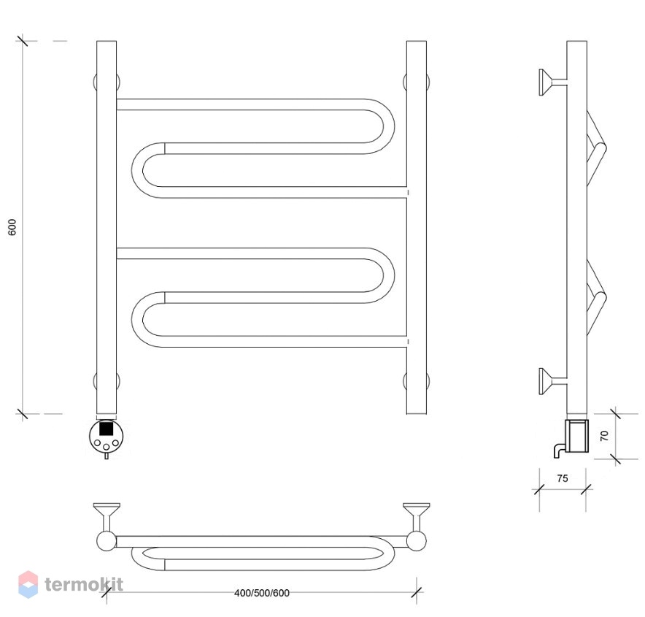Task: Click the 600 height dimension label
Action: click(12, 227)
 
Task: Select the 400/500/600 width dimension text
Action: click(262, 593)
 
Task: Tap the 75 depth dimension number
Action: click(563, 478)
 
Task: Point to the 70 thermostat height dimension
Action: click(604, 435)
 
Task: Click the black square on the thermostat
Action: click(106, 428)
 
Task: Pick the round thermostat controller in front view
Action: click(106, 437)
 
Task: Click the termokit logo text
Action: click(83, 584)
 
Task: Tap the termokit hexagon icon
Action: click(28, 584)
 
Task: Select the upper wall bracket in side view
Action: click(553, 83)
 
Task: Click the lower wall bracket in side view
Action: click(553, 381)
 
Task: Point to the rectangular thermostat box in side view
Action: click(576, 435)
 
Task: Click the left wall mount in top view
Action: click(107, 527)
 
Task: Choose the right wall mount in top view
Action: click(417, 527)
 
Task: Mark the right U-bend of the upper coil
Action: click(389, 126)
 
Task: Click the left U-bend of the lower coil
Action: click(137, 319)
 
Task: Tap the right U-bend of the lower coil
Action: click(389, 276)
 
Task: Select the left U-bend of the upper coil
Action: click(137, 170)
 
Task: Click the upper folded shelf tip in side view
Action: click(602, 148)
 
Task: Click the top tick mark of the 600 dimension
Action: click(22, 41)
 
